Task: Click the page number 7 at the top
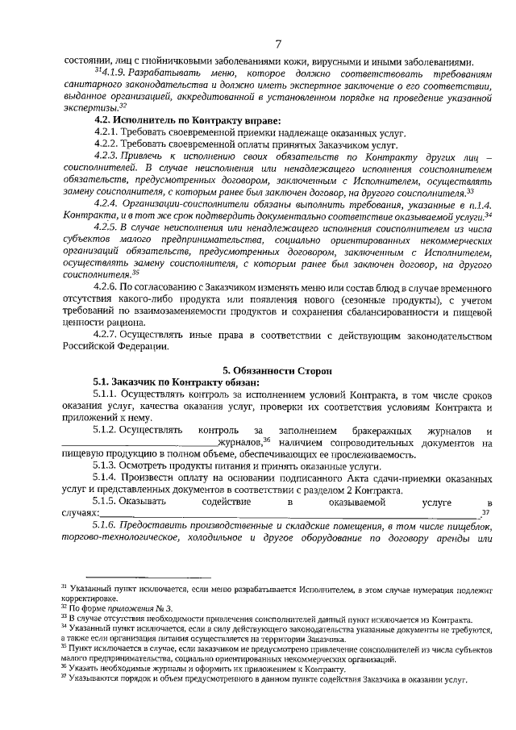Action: tap(277, 44)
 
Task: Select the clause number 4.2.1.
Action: tap(106, 131)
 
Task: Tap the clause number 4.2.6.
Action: tap(106, 286)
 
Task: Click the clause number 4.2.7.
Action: tap(106, 333)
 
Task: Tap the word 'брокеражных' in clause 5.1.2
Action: tap(385, 431)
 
